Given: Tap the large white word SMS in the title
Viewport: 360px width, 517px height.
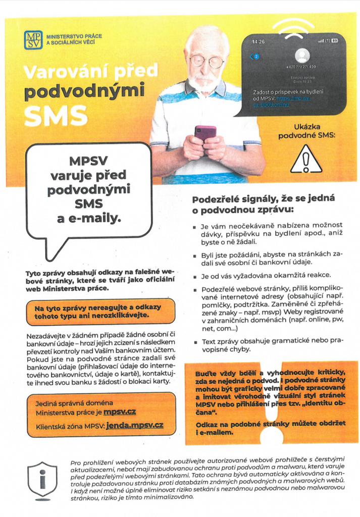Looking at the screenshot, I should [56, 116].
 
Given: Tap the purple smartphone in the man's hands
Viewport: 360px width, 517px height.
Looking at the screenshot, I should [205, 135].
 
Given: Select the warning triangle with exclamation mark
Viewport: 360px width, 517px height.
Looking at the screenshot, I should [306, 160].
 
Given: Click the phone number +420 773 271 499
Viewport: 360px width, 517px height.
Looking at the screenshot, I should [302, 67].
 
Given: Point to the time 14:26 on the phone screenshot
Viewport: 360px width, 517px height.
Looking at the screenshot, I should [258, 41].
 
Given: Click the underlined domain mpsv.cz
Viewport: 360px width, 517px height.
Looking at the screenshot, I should [120, 412].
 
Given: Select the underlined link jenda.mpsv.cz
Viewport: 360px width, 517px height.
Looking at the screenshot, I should [134, 427].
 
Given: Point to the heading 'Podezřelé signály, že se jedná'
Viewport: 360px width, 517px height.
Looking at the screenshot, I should [263, 199].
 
